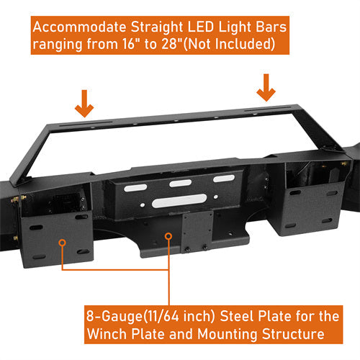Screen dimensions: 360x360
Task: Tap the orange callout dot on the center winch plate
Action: (x=170, y=237)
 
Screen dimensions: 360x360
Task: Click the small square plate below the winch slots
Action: (x=197, y=230)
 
